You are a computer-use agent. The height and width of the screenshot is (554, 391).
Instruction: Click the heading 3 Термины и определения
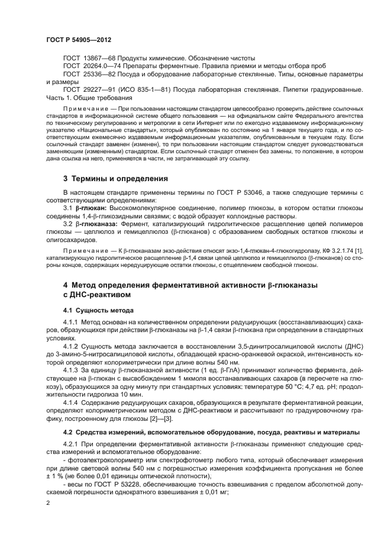click(115, 178)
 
